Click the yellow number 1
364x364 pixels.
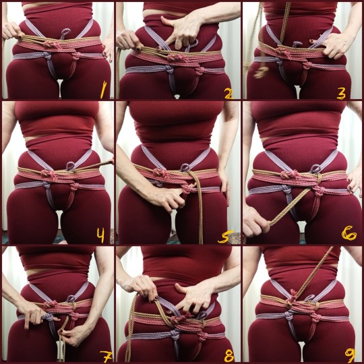tap(103, 90)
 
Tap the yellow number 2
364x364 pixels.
tap(229, 93)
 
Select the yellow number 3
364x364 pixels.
tap(341, 93)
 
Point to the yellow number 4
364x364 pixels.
tap(100, 235)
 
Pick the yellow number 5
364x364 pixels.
tap(225, 237)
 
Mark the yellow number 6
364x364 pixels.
tap(349, 233)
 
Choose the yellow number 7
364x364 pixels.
tap(107, 356)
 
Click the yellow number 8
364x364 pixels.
tap(229, 355)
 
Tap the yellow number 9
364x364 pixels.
tap(350, 355)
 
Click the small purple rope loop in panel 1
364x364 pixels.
tap(65, 33)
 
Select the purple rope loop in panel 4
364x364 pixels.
tap(70, 166)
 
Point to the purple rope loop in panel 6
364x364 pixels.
tap(315, 169)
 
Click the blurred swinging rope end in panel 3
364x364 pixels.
tap(260, 71)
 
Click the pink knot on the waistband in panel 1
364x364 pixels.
tap(49, 44)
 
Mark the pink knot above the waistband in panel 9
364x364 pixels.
tap(293, 295)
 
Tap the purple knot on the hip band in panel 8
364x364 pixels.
tap(175, 335)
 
